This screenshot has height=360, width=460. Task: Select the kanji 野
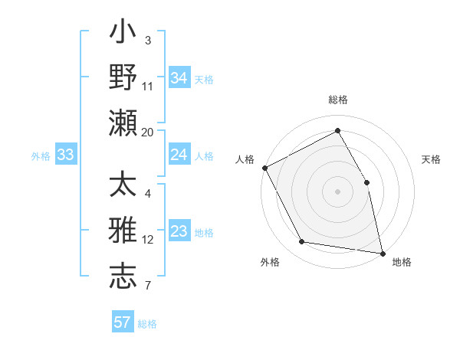(123, 77)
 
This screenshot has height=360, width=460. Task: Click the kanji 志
(123, 277)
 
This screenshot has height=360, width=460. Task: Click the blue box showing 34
(179, 77)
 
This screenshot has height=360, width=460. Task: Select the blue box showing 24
(179, 155)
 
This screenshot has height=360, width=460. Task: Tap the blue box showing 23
(179, 232)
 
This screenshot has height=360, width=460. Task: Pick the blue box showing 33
(65, 155)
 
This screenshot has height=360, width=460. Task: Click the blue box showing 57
(123, 322)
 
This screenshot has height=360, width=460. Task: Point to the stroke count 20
(148, 132)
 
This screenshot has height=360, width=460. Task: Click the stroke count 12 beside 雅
(148, 239)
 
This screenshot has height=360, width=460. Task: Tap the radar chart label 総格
(338, 100)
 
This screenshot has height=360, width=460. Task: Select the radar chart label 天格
(431, 159)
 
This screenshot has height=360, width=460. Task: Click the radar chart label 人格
(245, 159)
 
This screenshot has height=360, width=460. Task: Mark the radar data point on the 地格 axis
(382, 253)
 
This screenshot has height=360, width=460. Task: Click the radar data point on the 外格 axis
(302, 242)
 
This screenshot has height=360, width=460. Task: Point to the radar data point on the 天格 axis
(366, 182)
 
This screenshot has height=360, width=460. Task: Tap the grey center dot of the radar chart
(337, 191)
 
